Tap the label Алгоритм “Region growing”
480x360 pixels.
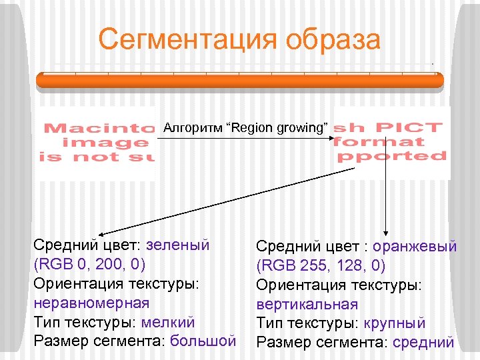point(246,127)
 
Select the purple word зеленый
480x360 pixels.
point(178,245)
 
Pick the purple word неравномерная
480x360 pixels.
point(91,303)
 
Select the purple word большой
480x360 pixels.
point(203,341)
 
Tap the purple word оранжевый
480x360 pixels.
point(415,247)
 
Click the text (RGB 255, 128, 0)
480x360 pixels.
point(321,266)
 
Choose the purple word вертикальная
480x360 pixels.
point(307,305)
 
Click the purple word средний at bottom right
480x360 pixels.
point(422,343)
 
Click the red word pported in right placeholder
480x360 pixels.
point(392,157)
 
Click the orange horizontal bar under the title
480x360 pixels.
point(240,80)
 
